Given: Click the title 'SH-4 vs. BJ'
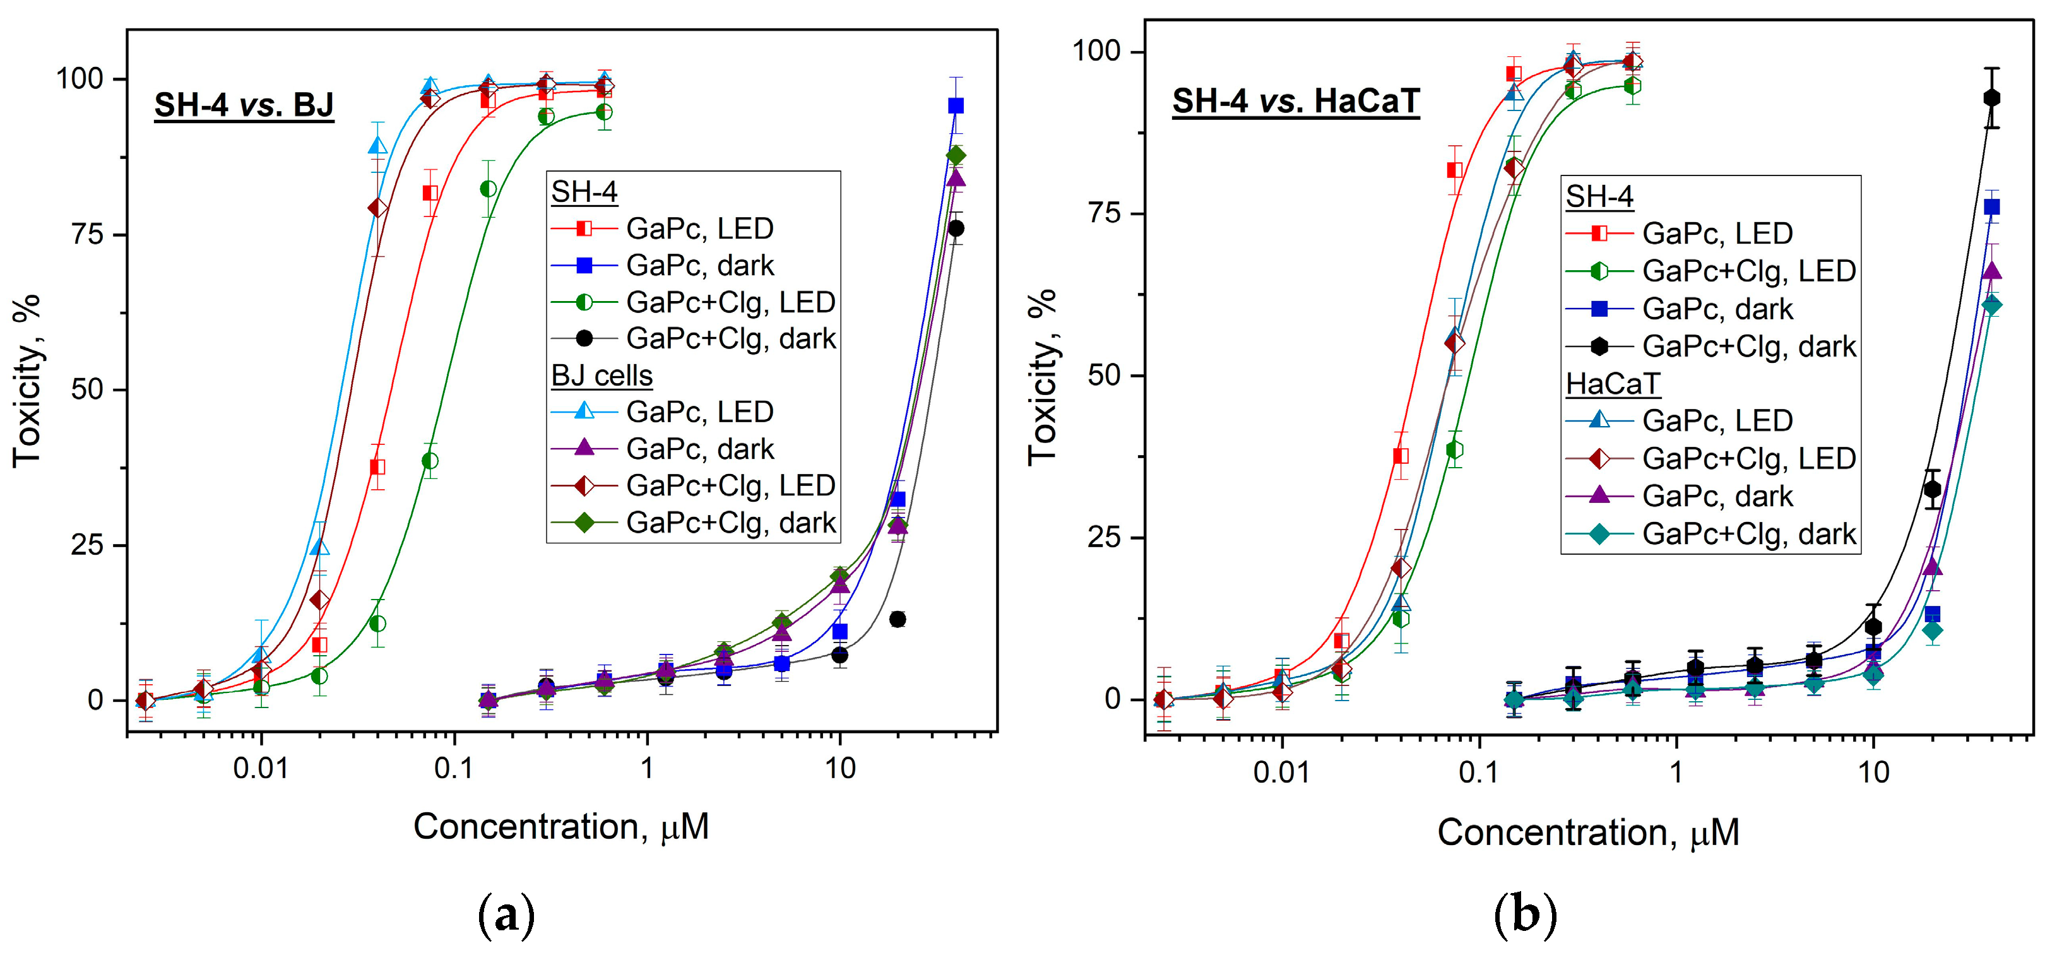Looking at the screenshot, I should (244, 105).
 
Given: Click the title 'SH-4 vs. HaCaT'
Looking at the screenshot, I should (1296, 102).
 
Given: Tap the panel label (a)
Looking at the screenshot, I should (506, 915).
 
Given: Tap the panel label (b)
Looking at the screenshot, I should (1525, 915).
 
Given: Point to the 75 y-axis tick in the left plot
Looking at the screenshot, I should (87, 235).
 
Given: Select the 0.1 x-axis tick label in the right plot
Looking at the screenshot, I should (1478, 772).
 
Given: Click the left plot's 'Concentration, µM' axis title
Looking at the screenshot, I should (560, 827).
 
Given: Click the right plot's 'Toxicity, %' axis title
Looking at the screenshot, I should (1042, 377).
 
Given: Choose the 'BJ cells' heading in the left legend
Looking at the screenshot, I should (602, 376).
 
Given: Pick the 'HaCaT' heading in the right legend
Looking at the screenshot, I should (1613, 384).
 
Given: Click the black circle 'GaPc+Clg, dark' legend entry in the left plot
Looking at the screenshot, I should (730, 339).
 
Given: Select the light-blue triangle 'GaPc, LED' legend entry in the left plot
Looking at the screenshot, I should (699, 412).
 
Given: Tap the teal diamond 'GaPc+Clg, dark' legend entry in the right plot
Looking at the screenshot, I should (1748, 534).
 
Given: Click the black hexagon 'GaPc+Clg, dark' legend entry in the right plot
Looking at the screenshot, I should (1748, 346).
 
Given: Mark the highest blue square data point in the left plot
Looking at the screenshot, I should (956, 105).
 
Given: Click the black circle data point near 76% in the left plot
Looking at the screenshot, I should (956, 228).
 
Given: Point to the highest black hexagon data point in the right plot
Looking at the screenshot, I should (1991, 98).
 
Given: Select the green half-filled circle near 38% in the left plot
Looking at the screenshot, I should (430, 461).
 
